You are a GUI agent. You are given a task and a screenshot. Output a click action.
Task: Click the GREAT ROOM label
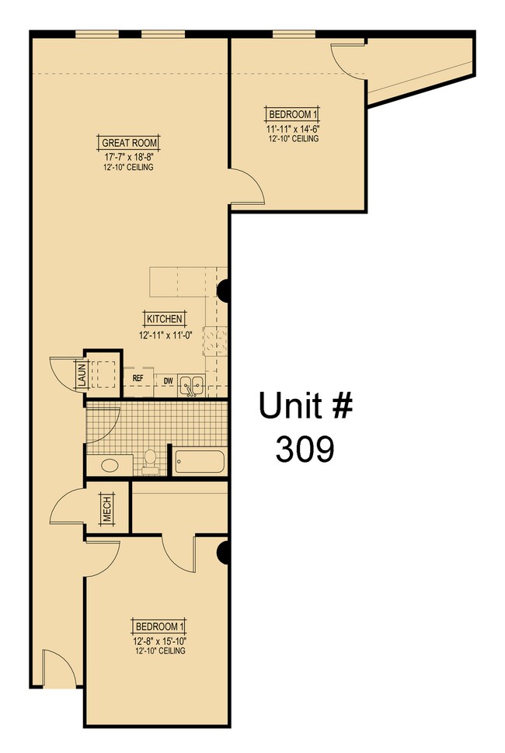(130, 143)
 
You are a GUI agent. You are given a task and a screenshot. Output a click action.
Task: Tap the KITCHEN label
(164, 318)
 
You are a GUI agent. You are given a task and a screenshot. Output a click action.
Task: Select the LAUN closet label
(81, 376)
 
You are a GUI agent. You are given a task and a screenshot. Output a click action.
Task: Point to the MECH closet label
(106, 509)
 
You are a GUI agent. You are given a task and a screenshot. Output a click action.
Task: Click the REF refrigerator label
(138, 379)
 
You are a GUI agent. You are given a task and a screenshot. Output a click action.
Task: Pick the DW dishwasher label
(168, 380)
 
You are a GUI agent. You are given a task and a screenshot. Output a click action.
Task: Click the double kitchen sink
(192, 383)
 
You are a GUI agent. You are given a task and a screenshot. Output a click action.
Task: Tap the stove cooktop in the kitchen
(214, 339)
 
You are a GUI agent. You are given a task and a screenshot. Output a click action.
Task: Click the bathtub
(200, 462)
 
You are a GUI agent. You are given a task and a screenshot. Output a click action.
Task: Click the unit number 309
(305, 449)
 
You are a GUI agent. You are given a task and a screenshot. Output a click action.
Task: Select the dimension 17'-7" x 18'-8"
(129, 156)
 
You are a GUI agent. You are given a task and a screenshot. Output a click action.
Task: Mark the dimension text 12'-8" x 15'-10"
(159, 640)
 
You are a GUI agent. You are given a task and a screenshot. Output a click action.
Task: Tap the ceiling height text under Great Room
(129, 167)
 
